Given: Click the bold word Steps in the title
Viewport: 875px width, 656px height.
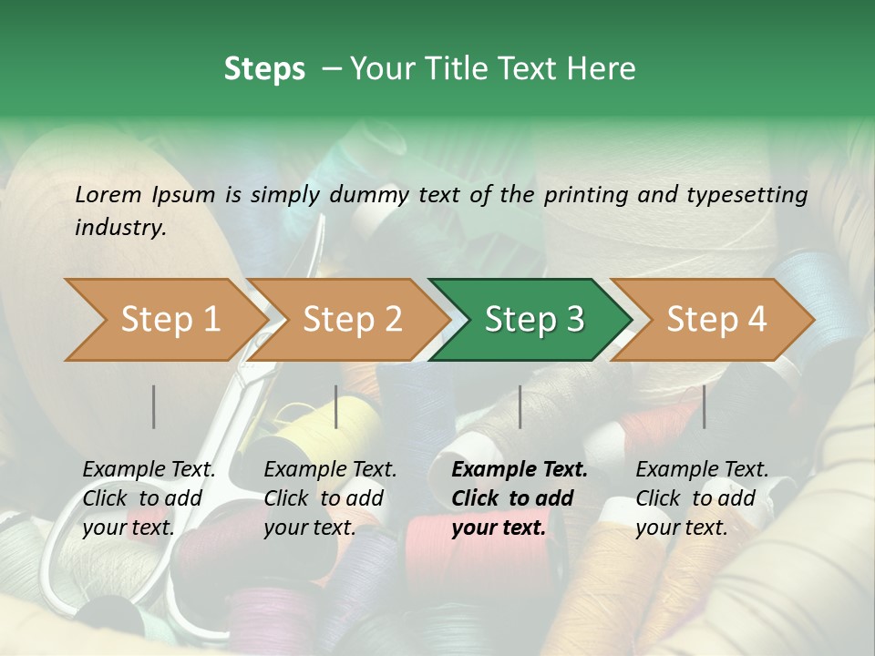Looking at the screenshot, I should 264,69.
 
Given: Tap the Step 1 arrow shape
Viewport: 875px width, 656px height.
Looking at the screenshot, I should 164,320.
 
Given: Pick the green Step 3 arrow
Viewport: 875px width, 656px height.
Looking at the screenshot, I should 532,320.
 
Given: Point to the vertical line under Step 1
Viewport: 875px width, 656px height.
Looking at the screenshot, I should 154,406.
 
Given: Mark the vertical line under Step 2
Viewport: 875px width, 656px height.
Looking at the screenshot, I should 336,406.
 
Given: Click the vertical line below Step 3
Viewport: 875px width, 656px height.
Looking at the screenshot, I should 520,406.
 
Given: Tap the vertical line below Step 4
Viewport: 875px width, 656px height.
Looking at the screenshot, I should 704,406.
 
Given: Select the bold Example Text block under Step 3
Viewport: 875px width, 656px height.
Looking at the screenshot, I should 520,498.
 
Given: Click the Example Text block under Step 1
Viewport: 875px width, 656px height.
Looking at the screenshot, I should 149,498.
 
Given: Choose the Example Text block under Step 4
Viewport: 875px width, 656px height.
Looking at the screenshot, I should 702,498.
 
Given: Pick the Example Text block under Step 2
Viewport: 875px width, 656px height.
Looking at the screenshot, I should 330,498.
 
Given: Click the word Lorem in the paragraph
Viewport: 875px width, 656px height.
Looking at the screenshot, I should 108,195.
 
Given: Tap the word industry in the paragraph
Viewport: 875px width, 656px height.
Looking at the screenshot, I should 119,228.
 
